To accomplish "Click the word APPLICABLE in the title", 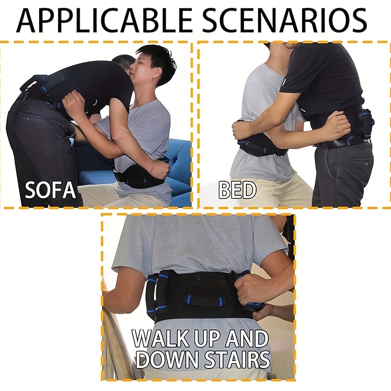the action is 105,21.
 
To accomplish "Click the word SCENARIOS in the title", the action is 285,21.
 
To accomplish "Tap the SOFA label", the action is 50,190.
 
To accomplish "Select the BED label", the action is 237,190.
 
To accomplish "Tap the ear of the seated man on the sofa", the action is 157,72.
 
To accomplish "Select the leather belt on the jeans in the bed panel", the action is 342,143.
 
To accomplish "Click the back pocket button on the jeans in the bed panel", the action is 366,164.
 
